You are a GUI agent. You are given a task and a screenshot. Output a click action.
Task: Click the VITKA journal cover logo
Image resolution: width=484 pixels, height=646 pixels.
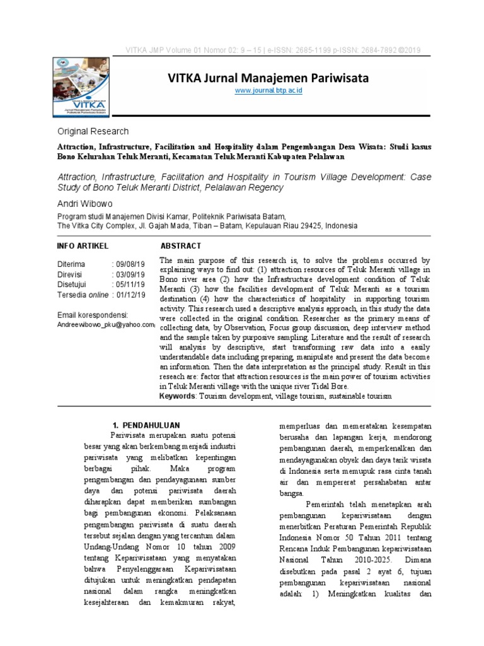click(x=78, y=86)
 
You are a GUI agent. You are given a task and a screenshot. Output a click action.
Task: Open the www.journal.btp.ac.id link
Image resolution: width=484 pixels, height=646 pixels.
click(x=268, y=91)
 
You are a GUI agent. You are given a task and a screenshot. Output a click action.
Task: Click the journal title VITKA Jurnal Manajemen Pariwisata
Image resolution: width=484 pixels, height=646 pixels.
click(x=268, y=78)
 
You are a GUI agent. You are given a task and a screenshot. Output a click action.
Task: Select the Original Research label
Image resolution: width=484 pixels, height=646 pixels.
click(x=93, y=132)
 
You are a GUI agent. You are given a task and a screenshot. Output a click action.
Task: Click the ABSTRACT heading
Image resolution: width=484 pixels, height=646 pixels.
click(x=181, y=245)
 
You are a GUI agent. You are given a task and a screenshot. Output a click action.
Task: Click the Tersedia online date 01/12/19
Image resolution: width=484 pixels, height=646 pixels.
click(x=130, y=295)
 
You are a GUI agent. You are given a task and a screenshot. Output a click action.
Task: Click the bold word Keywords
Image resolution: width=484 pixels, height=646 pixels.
click(x=178, y=396)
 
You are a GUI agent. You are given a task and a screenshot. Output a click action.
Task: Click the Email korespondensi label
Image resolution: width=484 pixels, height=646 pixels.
click(x=93, y=314)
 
